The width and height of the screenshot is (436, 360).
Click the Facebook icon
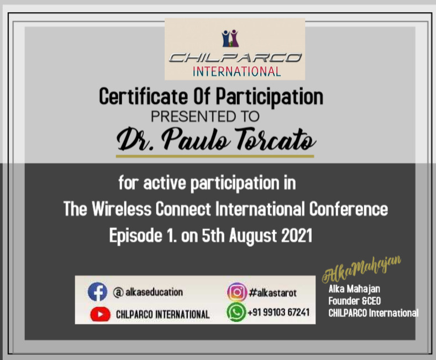[x=97, y=292]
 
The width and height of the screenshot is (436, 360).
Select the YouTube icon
[x=100, y=314]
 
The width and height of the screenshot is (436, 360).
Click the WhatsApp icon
[x=237, y=313]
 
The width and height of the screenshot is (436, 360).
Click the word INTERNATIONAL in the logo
[x=237, y=71]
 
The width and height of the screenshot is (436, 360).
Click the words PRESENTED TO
[x=205, y=117]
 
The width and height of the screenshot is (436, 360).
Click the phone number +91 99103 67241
[x=279, y=313]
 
